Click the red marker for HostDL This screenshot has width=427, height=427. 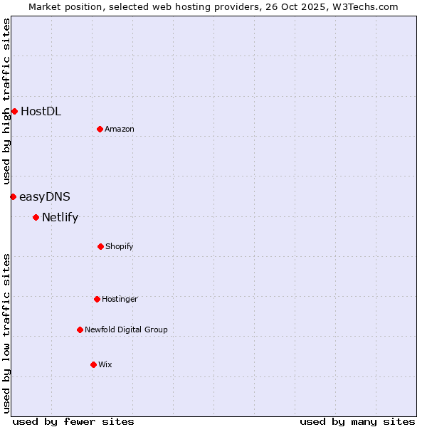14,111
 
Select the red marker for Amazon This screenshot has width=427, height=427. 100,129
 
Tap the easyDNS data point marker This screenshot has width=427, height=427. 13,196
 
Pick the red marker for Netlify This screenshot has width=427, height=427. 36,217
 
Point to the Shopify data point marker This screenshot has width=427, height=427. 100,246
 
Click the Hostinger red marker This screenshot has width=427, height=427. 97,299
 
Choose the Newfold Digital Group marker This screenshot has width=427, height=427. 80,330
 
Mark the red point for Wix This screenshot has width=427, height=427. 93,364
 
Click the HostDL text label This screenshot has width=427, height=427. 41,111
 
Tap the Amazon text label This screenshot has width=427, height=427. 120,129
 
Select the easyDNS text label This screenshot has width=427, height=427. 45,196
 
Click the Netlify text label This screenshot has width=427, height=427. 60,218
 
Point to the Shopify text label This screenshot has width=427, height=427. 120,246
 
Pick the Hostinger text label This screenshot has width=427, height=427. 120,299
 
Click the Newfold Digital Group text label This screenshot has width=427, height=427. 126,330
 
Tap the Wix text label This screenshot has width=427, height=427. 105,364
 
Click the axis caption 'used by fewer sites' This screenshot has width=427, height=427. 73,421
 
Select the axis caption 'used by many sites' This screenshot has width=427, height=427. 357,421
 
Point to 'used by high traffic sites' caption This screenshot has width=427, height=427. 6,102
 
